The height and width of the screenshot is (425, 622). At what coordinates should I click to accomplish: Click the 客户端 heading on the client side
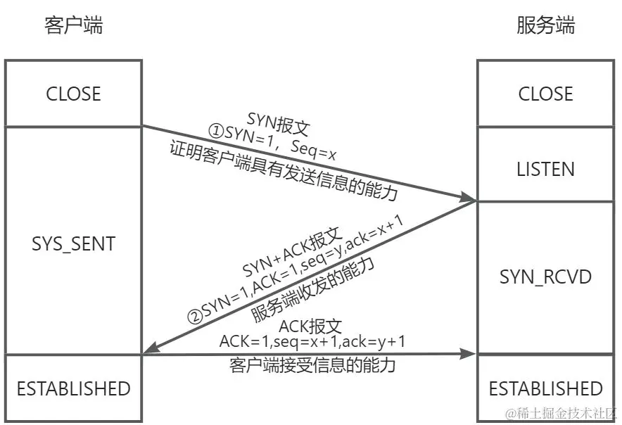(73, 26)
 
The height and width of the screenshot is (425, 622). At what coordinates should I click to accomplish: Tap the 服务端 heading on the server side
(545, 26)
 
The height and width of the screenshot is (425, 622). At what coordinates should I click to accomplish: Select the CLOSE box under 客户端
(73, 94)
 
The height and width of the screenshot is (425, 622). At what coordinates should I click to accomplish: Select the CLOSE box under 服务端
(545, 94)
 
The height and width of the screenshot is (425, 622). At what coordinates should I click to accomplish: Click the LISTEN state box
(545, 169)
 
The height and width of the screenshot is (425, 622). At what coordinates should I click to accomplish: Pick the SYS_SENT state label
(73, 244)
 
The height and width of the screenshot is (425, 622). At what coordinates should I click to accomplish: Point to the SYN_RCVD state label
(545, 277)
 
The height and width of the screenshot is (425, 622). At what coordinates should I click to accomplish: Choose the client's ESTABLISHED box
(73, 388)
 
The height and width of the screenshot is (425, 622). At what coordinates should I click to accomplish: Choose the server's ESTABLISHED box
(545, 388)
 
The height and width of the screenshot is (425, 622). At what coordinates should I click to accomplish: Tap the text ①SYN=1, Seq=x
(271, 139)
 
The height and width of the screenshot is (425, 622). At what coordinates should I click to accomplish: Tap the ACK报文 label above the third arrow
(310, 326)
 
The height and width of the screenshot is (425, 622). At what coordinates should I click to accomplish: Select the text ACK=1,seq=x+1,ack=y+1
(312, 341)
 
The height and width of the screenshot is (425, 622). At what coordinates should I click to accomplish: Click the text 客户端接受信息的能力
(312, 366)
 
